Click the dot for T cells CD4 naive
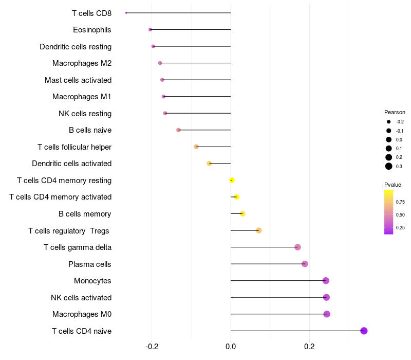coord(364,331)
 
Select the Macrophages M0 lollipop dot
coord(327,314)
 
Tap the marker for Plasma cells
coord(305,264)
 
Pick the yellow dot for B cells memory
coord(242,213)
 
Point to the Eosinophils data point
coord(150,29)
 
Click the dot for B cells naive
coord(178,130)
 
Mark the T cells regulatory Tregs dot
coord(259,230)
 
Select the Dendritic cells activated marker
coord(209,164)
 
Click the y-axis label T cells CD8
coord(91,13)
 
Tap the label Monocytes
coord(92,281)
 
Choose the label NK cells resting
coord(85,113)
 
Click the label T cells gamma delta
coord(78,247)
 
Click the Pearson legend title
coord(395,112)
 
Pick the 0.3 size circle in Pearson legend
coord(389,166)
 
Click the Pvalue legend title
coord(393,185)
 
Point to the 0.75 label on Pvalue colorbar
coord(400,202)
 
